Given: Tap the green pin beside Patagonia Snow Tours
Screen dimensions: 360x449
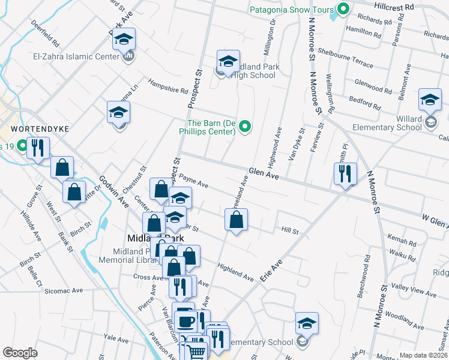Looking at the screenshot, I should click(343, 9).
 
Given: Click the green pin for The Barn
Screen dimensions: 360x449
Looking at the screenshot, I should click(244, 126).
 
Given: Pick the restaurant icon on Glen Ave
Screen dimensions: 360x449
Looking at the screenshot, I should click(345, 174).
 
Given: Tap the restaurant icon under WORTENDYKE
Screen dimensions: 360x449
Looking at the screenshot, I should click(37, 148).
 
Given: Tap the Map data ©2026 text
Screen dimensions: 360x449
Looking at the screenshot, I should click(423, 355).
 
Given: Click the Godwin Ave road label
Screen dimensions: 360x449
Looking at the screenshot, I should click(115, 191).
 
